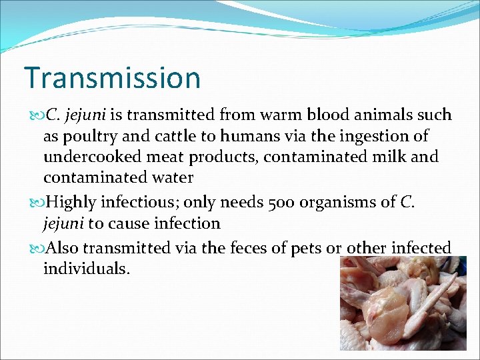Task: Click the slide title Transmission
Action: click(x=112, y=77)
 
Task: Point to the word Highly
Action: click(x=72, y=202)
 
